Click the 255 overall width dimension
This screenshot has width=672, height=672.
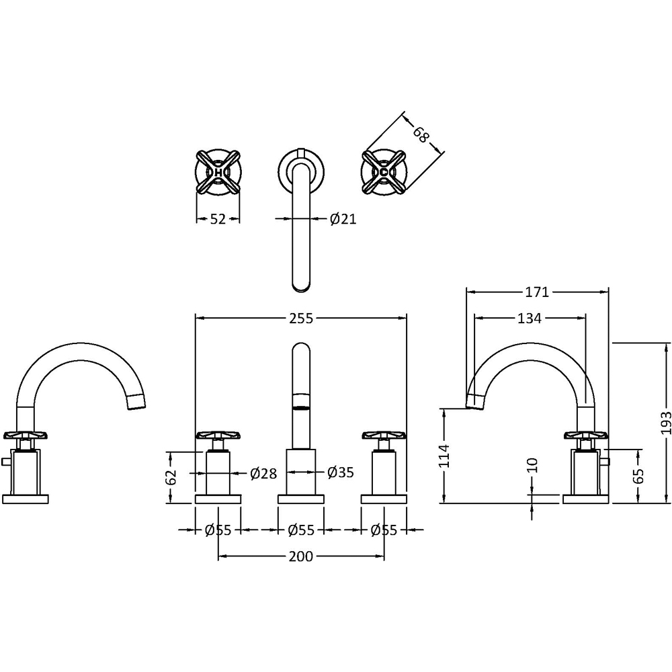(301, 319)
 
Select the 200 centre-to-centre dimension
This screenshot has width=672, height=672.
(301, 556)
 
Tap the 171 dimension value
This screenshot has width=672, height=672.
(537, 292)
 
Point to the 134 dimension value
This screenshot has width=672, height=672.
(530, 318)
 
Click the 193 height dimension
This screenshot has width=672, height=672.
(665, 423)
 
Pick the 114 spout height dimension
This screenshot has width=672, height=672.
(445, 456)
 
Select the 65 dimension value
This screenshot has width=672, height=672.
(638, 476)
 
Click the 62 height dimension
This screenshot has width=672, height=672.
(171, 477)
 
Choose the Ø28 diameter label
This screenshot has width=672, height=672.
(263, 473)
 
